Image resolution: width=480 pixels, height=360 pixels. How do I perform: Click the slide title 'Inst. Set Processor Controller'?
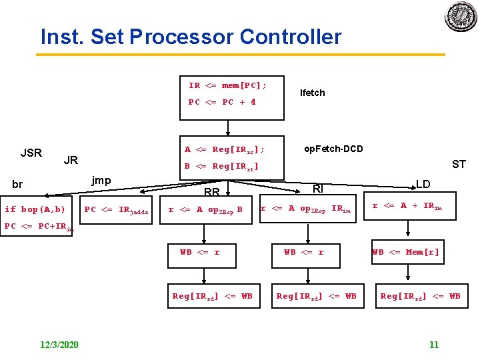point(191,36)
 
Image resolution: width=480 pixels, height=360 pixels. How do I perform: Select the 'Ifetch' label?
point(312,93)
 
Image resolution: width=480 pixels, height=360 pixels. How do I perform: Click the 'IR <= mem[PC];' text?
point(227,85)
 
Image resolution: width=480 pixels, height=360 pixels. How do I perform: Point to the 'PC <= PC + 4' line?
point(222,102)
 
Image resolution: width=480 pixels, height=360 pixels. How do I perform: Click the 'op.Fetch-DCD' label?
point(333,149)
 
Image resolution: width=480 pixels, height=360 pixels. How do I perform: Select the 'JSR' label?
point(31,153)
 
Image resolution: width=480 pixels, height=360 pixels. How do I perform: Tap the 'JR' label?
point(70,160)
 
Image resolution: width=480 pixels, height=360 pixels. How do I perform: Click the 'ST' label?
point(459,164)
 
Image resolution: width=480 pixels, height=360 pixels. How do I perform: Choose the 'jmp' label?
point(101,180)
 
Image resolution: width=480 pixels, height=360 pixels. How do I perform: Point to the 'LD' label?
point(423,183)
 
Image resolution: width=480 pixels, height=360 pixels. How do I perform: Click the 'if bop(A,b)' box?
point(35,209)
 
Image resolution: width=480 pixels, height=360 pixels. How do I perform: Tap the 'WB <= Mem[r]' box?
point(406,252)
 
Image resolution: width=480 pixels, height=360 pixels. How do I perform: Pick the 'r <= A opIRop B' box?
point(210,209)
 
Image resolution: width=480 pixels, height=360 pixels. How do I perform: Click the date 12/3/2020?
point(58,344)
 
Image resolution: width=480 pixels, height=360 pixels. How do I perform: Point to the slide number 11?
point(434,344)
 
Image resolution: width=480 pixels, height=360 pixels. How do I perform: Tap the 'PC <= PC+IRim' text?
point(39,227)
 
